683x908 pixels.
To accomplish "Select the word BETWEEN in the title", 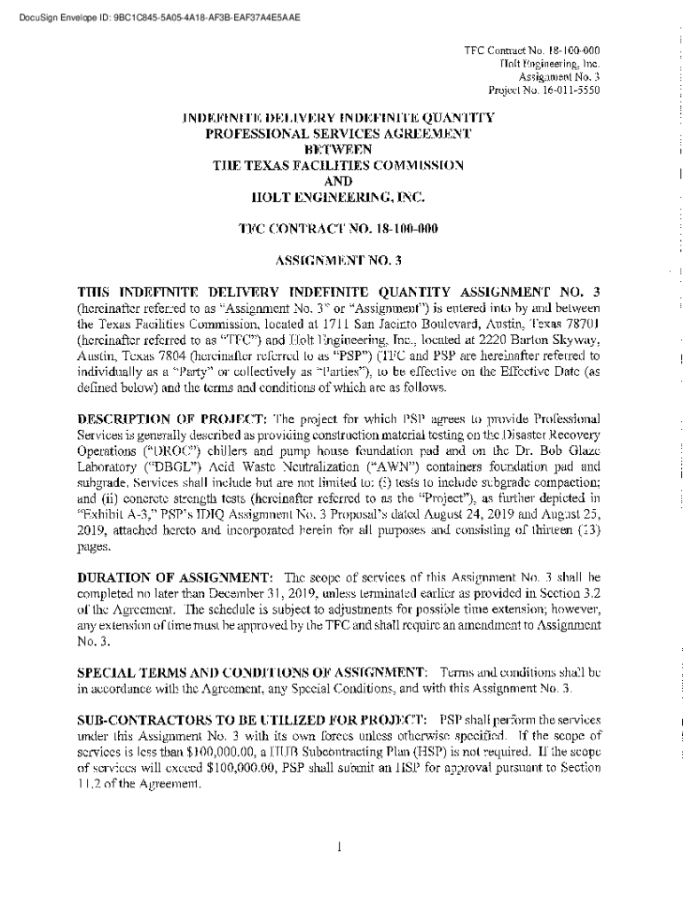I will tap(339, 149).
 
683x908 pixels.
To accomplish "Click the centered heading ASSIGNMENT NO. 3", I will tap(339, 261).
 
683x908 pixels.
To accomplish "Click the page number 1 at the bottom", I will tap(340, 846).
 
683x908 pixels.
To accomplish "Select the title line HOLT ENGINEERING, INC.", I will tap(339, 196).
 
